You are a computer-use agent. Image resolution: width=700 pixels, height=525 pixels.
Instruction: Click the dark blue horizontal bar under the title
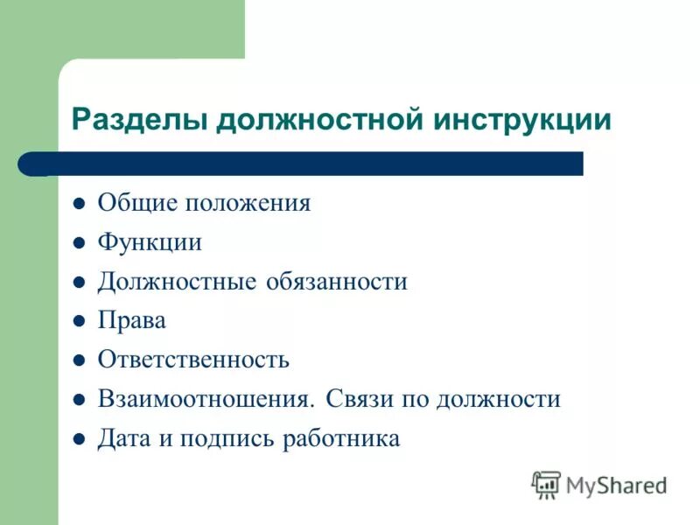[315, 164]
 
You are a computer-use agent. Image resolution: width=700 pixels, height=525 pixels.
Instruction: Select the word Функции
[150, 242]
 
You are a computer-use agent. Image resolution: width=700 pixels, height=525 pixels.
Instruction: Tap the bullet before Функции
[78, 243]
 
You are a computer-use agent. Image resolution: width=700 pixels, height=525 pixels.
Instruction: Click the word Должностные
[176, 282]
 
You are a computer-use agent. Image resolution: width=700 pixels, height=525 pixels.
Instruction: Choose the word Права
[131, 321]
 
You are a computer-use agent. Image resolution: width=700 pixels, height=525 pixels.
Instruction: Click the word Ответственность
[193, 360]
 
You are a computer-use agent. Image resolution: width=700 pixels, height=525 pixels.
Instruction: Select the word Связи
[360, 400]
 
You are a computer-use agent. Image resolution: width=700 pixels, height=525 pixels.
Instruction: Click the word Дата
[123, 438]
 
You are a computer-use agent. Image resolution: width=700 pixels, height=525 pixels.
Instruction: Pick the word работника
[341, 438]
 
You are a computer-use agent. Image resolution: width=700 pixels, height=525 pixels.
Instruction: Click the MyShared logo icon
[546, 484]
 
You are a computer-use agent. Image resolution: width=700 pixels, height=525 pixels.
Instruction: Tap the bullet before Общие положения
[78, 204]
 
